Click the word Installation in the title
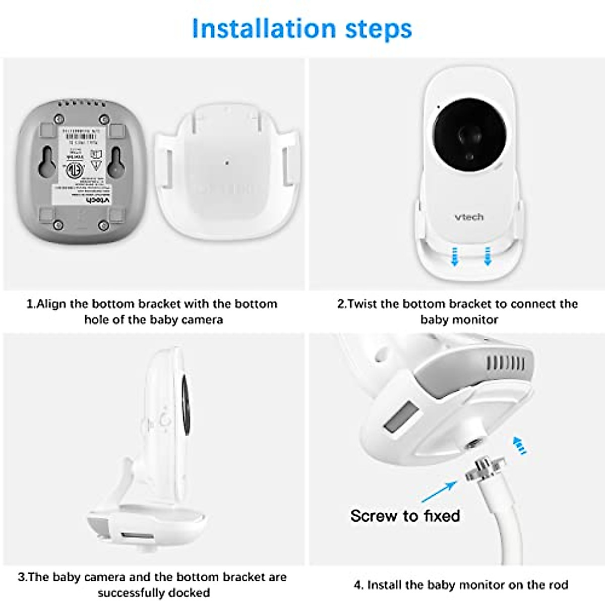pos(264,29)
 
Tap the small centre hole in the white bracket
pos(227,163)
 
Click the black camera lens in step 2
pos(469,135)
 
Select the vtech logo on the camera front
pos(469,217)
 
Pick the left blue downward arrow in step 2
pos(455,256)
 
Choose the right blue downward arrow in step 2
pos(487,256)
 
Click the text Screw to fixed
pos(405,516)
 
